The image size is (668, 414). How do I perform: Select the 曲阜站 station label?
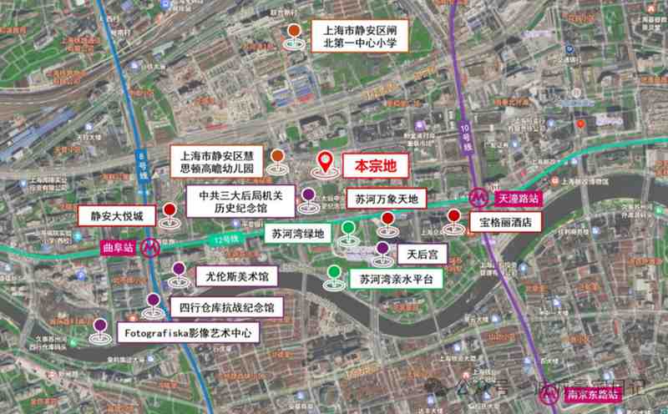(x=118, y=247)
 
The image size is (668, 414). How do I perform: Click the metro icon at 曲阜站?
(x=150, y=247)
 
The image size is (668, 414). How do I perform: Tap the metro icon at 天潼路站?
(x=478, y=199)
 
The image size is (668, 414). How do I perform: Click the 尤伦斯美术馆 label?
(x=237, y=275)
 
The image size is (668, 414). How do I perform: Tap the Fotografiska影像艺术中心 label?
(x=189, y=332)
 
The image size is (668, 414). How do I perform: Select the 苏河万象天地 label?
(x=386, y=199)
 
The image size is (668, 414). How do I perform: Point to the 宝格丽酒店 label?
(x=505, y=223)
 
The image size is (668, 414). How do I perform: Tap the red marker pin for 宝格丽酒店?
(x=453, y=217)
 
